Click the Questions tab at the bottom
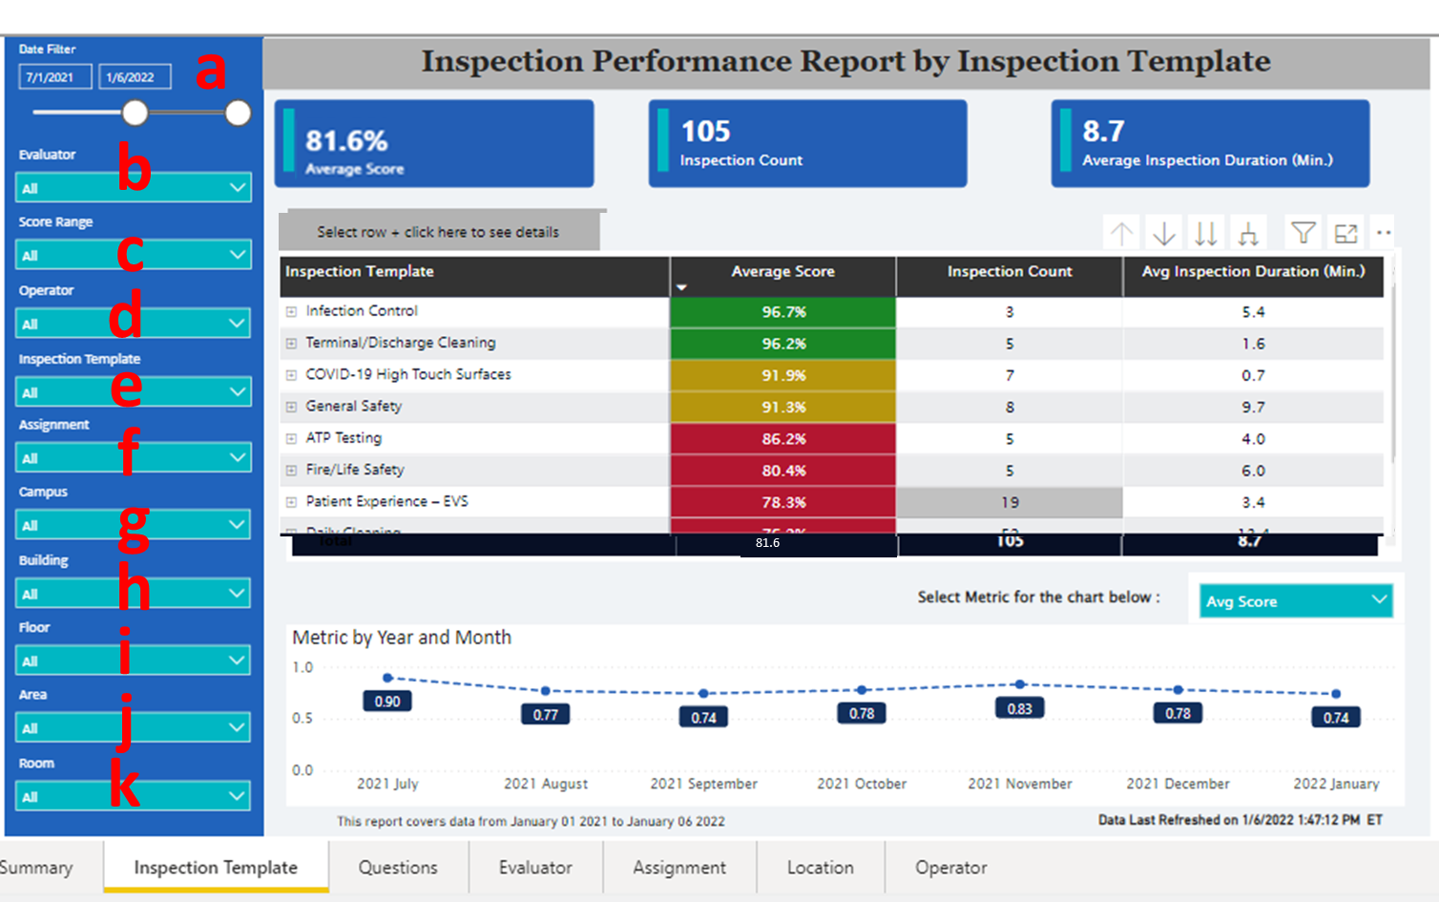398,868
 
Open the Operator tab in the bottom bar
950,868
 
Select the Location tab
820,868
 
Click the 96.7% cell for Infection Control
783,312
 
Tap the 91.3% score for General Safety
783,408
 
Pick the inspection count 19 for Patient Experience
1010,502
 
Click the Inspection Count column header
1010,272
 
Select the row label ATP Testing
344,438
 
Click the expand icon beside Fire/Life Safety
292,471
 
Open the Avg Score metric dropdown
1295,601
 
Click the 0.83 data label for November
1019,709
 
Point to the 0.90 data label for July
387,702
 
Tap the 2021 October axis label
861,784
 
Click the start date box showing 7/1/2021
54,77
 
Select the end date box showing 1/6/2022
135,77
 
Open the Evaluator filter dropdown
134,188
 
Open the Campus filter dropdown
134,525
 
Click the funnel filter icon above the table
1303,233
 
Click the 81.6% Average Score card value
346,141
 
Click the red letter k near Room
125,785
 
